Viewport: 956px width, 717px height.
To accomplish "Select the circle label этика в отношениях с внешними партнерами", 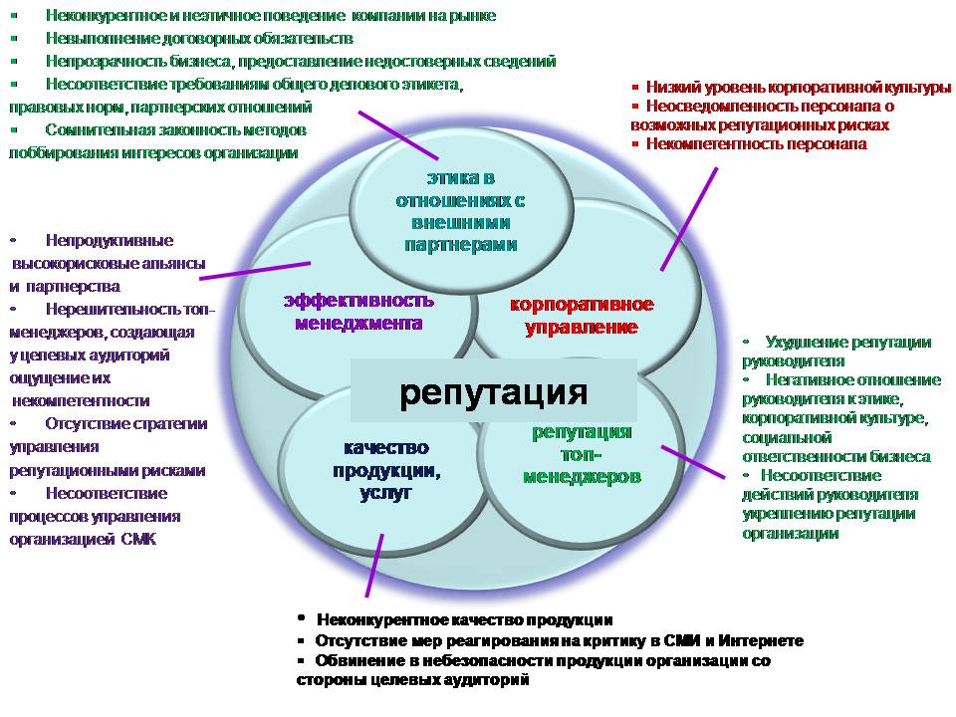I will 459,211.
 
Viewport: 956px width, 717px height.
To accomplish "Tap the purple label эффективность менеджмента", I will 358,311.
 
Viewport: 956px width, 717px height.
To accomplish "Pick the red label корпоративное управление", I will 582,315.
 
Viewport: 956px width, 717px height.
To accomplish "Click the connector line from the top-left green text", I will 397,133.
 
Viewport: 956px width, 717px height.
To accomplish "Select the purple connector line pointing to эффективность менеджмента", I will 255,270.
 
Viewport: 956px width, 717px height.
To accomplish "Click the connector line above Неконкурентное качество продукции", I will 373,565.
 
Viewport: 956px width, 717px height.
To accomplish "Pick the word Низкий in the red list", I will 667,88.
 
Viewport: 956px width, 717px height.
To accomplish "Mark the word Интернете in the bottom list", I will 762,640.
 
